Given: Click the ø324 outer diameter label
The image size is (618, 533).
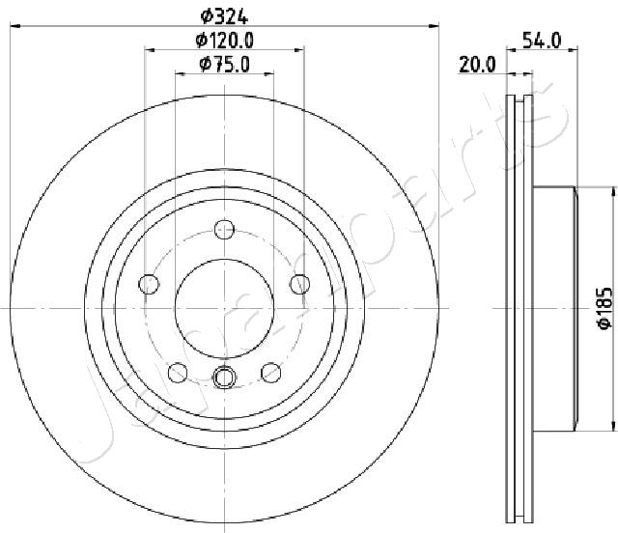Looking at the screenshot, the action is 224,16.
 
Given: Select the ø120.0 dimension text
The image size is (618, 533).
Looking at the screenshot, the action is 225,41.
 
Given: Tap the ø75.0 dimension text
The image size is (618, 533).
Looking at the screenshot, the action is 225,65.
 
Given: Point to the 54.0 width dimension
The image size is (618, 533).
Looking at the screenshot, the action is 542,41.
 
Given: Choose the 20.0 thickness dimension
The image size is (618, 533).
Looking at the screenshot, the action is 477,65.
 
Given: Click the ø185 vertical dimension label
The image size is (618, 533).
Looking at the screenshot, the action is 605,308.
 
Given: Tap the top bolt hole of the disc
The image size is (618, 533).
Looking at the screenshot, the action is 224,229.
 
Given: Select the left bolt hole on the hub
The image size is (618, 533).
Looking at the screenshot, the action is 149,284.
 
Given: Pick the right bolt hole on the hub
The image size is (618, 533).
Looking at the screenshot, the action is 300,284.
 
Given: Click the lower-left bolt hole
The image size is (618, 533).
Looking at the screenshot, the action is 178,373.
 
